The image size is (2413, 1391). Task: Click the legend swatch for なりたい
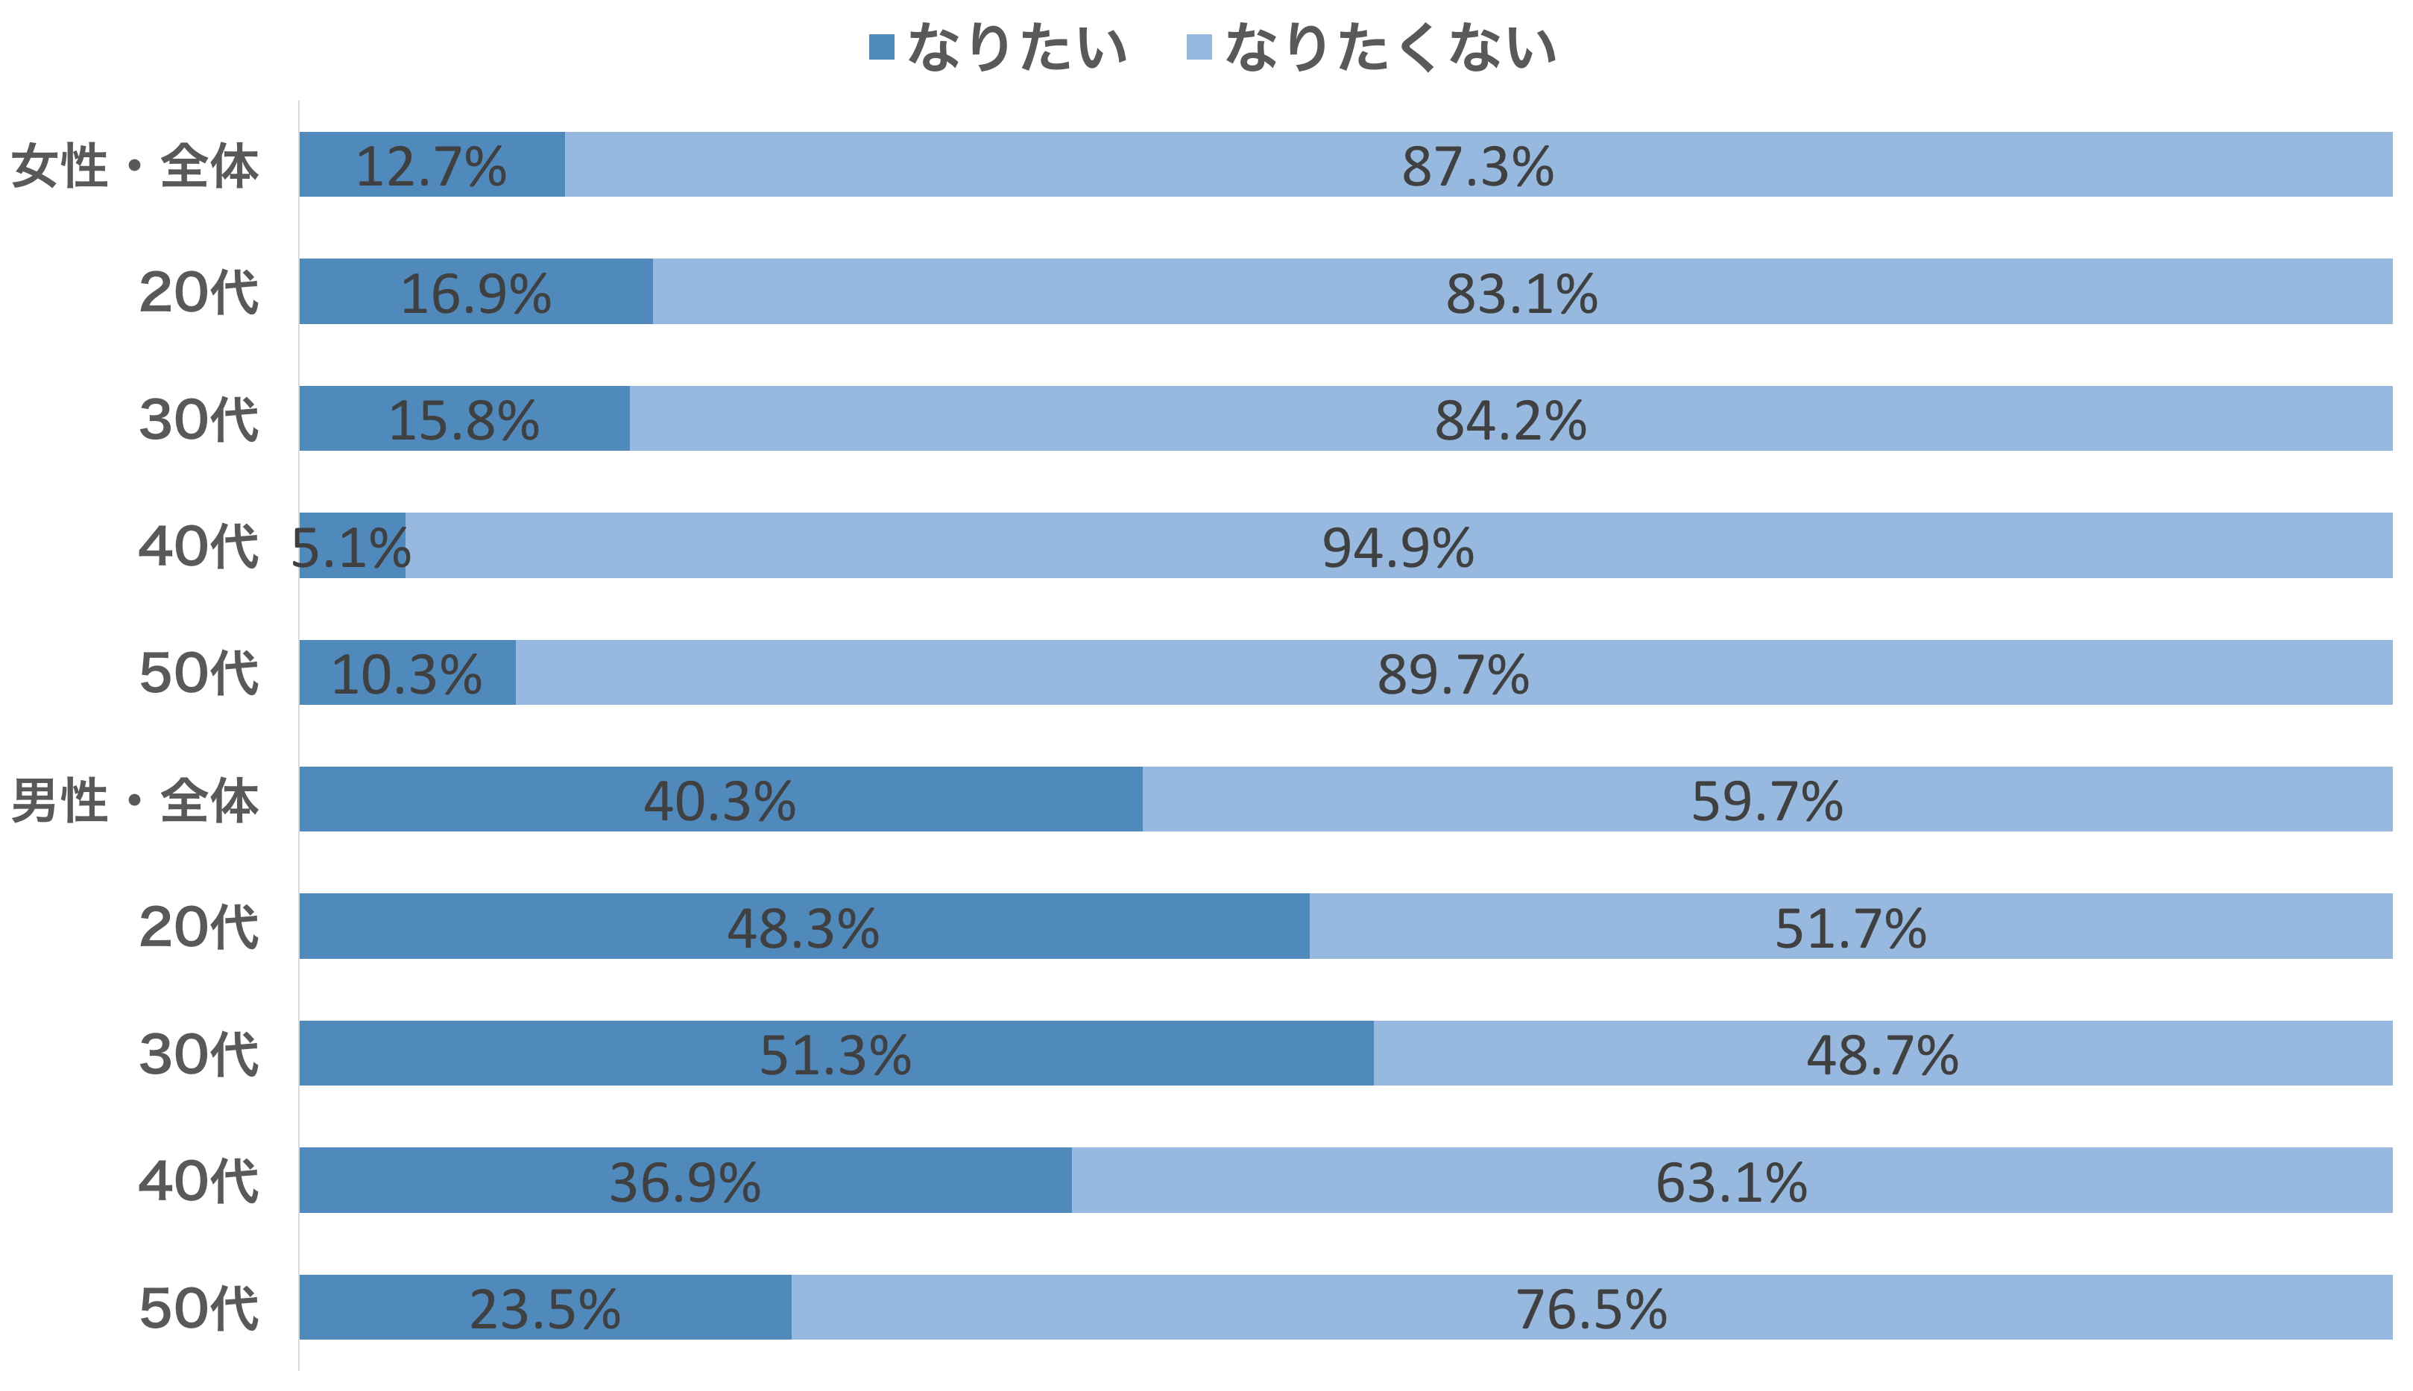click(881, 47)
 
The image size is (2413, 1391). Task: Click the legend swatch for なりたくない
click(1199, 47)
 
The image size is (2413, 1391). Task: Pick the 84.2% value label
click(1510, 421)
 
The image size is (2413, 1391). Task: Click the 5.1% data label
click(350, 548)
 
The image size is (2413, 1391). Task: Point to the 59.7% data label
click(1766, 802)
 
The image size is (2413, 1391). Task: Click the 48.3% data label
click(803, 928)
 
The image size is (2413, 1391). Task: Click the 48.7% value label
click(1881, 1056)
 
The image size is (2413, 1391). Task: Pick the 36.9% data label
click(685, 1182)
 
